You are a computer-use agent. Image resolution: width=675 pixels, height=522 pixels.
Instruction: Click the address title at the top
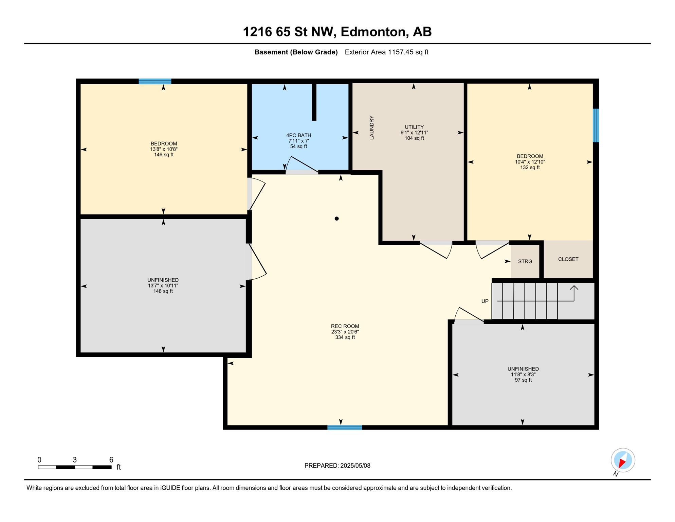pos(337,32)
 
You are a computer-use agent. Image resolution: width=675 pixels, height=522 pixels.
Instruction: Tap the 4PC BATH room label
pos(298,135)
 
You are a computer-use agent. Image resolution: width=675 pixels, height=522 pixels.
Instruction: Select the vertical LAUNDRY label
pos(371,127)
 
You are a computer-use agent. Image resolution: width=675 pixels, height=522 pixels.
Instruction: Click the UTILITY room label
pos(414,127)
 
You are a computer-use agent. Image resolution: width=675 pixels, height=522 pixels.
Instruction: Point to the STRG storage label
pos(525,261)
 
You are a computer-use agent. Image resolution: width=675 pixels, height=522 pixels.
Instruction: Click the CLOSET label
pos(568,259)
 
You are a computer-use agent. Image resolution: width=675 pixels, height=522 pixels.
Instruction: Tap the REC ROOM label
pos(345,326)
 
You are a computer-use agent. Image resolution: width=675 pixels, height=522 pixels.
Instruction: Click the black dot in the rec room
pos(336,219)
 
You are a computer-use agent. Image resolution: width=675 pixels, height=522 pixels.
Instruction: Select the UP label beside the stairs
pos(485,301)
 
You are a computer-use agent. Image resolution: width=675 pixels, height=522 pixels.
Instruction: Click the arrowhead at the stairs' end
pos(574,288)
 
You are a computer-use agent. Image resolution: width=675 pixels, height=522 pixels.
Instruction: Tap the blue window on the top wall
pos(155,81)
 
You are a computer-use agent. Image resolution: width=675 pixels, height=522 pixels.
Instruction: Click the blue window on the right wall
pos(596,125)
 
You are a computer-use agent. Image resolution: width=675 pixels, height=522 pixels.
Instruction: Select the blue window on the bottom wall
pos(345,428)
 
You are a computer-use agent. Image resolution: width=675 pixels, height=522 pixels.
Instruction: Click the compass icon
pos(623,460)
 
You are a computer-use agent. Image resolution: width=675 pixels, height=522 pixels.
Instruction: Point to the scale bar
pos(75,467)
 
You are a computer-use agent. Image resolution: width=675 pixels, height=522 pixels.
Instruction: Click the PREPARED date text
pos(337,466)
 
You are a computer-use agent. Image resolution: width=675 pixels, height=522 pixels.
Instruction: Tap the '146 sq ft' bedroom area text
pos(164,155)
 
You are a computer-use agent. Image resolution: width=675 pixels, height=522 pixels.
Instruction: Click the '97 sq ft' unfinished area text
pos(523,380)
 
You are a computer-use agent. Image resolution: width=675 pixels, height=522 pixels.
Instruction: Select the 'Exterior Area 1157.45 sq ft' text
pos(386,52)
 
